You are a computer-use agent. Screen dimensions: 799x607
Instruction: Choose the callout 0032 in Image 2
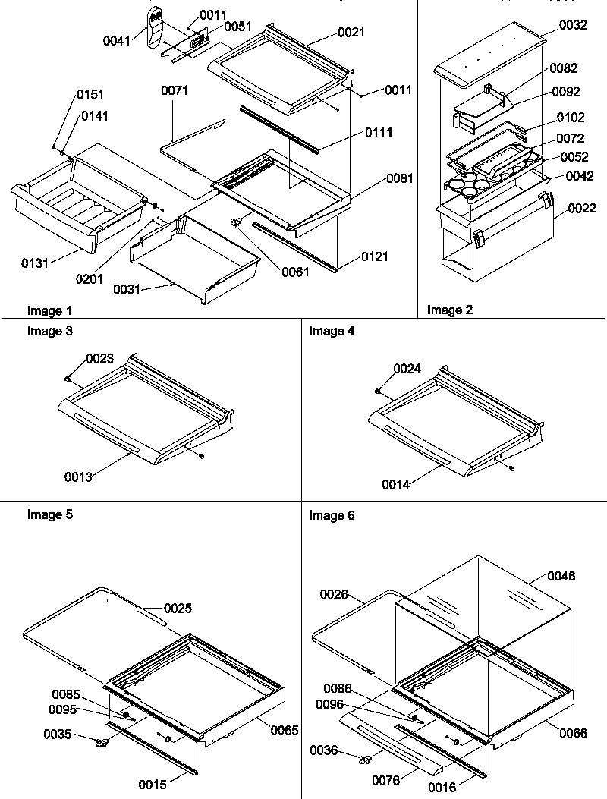(x=573, y=26)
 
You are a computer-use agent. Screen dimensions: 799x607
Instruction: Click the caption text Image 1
(x=49, y=310)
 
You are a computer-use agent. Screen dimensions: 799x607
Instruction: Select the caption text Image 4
(x=332, y=331)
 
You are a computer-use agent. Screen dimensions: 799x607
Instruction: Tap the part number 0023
(x=100, y=358)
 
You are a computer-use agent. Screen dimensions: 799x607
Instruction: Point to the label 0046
(x=561, y=577)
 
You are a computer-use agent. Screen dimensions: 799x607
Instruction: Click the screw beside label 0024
(x=379, y=391)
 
